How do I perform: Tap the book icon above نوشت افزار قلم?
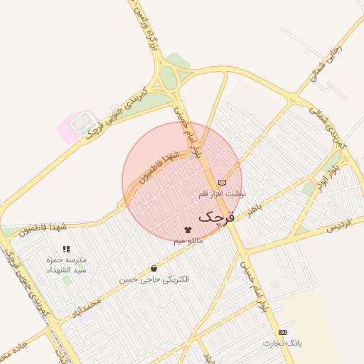222,183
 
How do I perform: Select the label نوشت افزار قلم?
222,193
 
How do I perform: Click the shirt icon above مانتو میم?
188,230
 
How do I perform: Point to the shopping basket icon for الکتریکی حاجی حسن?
154,269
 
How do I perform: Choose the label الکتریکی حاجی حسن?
154,279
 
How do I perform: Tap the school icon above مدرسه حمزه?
66,250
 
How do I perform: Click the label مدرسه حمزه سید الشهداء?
66,265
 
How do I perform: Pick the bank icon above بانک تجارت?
282,332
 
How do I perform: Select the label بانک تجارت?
282,343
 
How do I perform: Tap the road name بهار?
255,208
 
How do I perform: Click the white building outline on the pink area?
83,122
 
